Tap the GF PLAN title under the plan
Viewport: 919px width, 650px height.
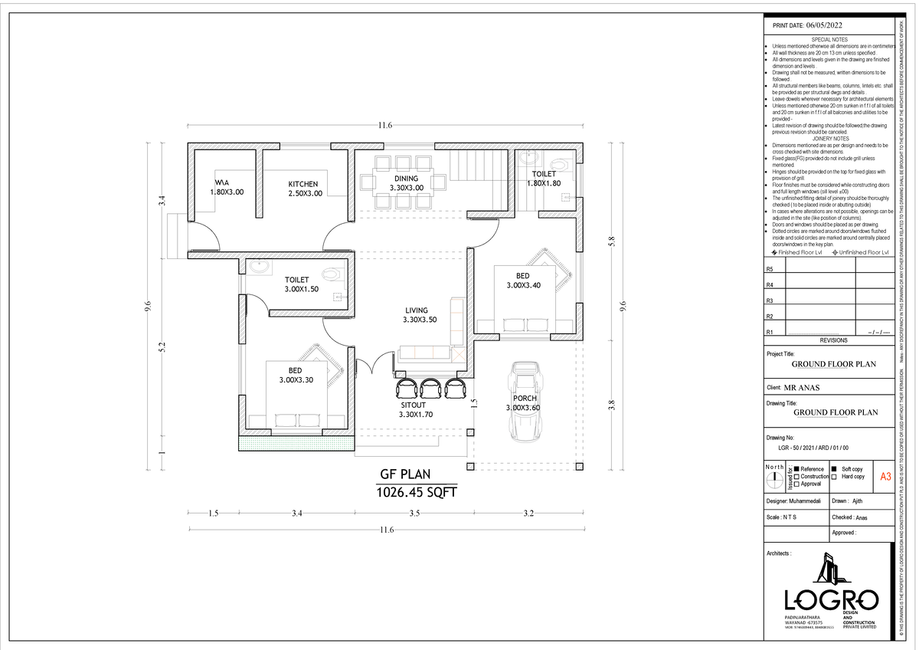coord(406,474)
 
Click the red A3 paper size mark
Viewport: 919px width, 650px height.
coord(885,477)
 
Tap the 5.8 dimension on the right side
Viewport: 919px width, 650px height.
coord(611,241)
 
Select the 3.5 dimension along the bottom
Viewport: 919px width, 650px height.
coord(414,514)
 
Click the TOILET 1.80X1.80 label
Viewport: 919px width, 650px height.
coord(545,179)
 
